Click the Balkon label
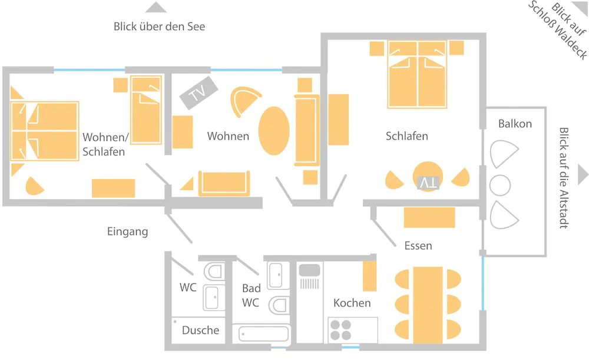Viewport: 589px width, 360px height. (x=515, y=124)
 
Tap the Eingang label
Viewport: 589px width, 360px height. (x=128, y=232)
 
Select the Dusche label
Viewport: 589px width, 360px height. (x=200, y=331)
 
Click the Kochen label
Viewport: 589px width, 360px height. (x=352, y=303)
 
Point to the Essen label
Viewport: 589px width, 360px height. (x=418, y=245)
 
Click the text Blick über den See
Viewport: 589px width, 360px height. (x=159, y=27)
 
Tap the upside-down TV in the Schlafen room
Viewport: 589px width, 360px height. (x=428, y=183)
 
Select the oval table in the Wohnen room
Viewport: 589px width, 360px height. (x=274, y=130)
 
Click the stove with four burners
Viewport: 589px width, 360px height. (x=340, y=329)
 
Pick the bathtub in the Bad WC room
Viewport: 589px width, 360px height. (x=264, y=334)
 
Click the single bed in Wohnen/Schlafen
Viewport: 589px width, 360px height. (x=145, y=110)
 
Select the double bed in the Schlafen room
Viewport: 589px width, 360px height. (x=417, y=75)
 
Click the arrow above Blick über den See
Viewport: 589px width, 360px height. (x=156, y=8)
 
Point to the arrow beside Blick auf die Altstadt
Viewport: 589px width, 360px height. (x=583, y=174)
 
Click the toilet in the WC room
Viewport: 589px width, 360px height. (x=213, y=272)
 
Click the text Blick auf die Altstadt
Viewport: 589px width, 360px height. (x=564, y=177)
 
